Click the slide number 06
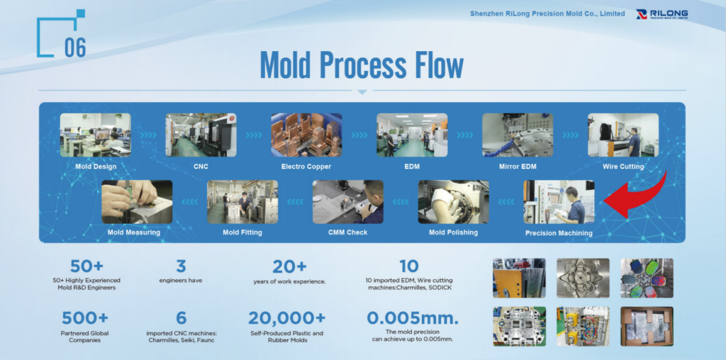coord(75,47)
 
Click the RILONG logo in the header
coord(661,14)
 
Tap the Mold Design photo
coord(95,135)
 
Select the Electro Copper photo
coord(306,135)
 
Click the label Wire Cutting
coord(622,167)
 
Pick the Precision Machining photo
coord(559,201)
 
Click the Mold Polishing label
coord(453,232)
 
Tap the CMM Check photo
coord(347,201)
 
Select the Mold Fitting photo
coord(242,201)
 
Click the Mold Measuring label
coord(134,232)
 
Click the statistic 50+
coord(86,266)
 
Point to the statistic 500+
coord(85,318)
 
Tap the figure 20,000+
coord(286,318)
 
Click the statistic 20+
coord(289,266)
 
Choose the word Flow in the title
coord(435,65)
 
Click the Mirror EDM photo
coord(517,135)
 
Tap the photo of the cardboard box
coord(647,326)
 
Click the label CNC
coord(201,167)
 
